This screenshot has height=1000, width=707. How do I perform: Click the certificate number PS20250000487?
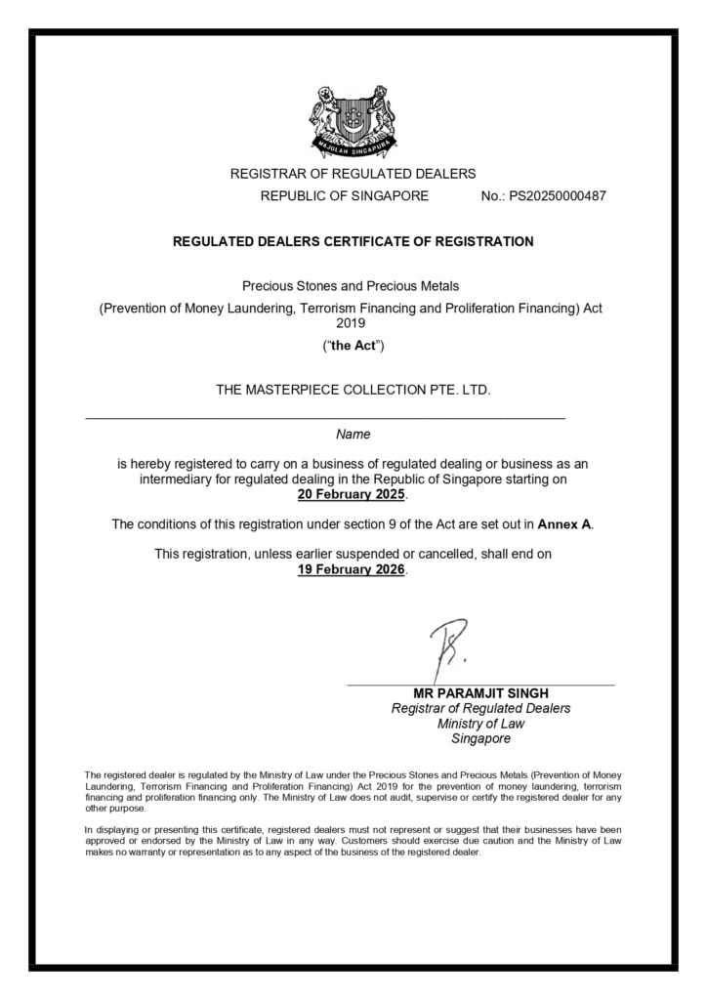544,196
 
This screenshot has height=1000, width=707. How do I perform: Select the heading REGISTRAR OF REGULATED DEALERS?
353,174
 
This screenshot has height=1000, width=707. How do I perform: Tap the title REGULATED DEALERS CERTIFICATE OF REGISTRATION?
353,242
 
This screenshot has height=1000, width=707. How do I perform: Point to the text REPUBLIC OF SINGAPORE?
344,196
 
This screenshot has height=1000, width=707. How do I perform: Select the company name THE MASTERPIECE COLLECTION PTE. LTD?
353,390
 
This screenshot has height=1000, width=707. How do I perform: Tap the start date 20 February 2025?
352,495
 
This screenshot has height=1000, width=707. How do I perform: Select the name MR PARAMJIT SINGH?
480,693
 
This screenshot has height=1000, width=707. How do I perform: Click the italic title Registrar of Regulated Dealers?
480,709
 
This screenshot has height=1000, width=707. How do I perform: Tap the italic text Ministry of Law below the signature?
480,724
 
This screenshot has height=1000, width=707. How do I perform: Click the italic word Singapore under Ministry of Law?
480,738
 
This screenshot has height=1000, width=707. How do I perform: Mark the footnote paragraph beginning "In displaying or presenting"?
353,841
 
